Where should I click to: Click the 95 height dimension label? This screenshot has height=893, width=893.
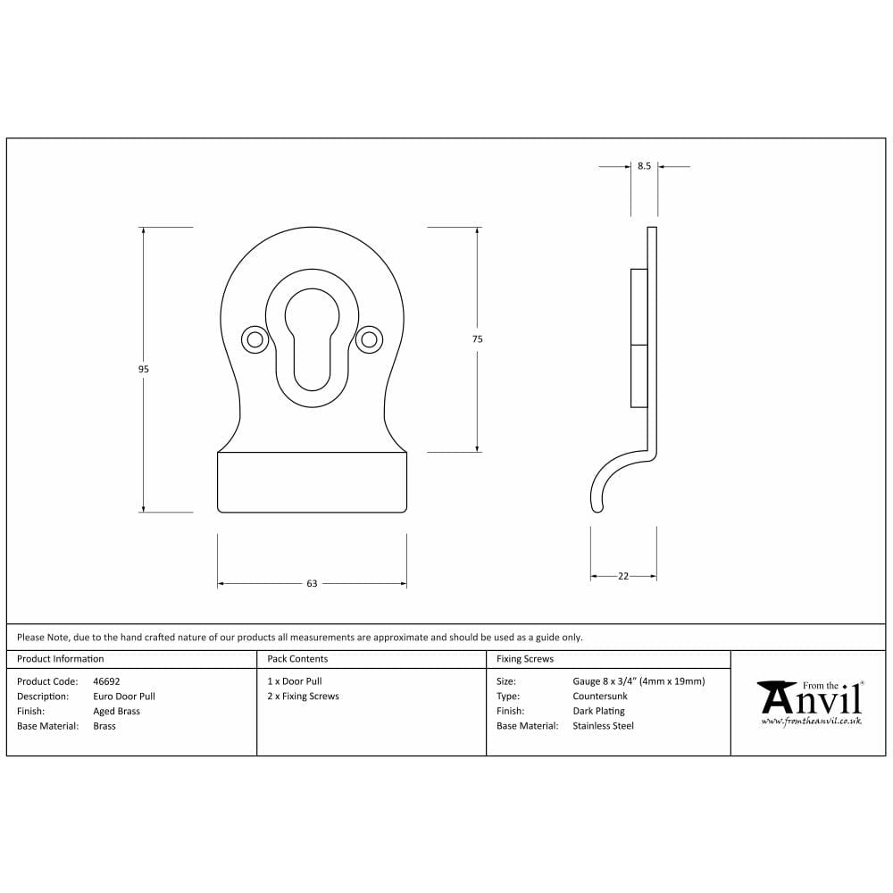click(x=144, y=369)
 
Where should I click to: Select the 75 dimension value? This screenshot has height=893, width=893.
click(x=478, y=339)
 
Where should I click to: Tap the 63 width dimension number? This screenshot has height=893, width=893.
click(x=312, y=584)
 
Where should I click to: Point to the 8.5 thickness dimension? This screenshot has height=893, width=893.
click(x=644, y=166)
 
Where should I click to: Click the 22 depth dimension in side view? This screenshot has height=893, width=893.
click(x=623, y=576)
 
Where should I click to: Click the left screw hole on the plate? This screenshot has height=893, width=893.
click(x=255, y=339)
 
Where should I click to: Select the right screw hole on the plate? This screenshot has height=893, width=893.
click(x=368, y=339)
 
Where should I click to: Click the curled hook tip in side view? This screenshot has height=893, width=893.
click(x=597, y=506)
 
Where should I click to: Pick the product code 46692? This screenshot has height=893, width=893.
click(x=106, y=681)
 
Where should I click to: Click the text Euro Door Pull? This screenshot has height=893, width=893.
click(x=124, y=697)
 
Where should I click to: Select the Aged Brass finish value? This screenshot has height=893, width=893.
click(x=116, y=712)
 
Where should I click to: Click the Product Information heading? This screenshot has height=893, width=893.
click(x=61, y=659)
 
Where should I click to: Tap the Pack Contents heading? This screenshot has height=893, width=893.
click(x=297, y=659)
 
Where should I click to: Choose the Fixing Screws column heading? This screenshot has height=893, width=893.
click(x=525, y=659)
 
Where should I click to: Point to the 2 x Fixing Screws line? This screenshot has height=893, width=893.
click(x=303, y=697)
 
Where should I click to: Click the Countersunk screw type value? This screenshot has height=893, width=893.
click(x=600, y=697)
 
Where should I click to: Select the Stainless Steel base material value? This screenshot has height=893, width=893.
click(x=603, y=726)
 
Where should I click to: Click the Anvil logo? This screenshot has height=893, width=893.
click(x=809, y=697)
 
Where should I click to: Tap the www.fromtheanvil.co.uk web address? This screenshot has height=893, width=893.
click(x=811, y=721)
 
